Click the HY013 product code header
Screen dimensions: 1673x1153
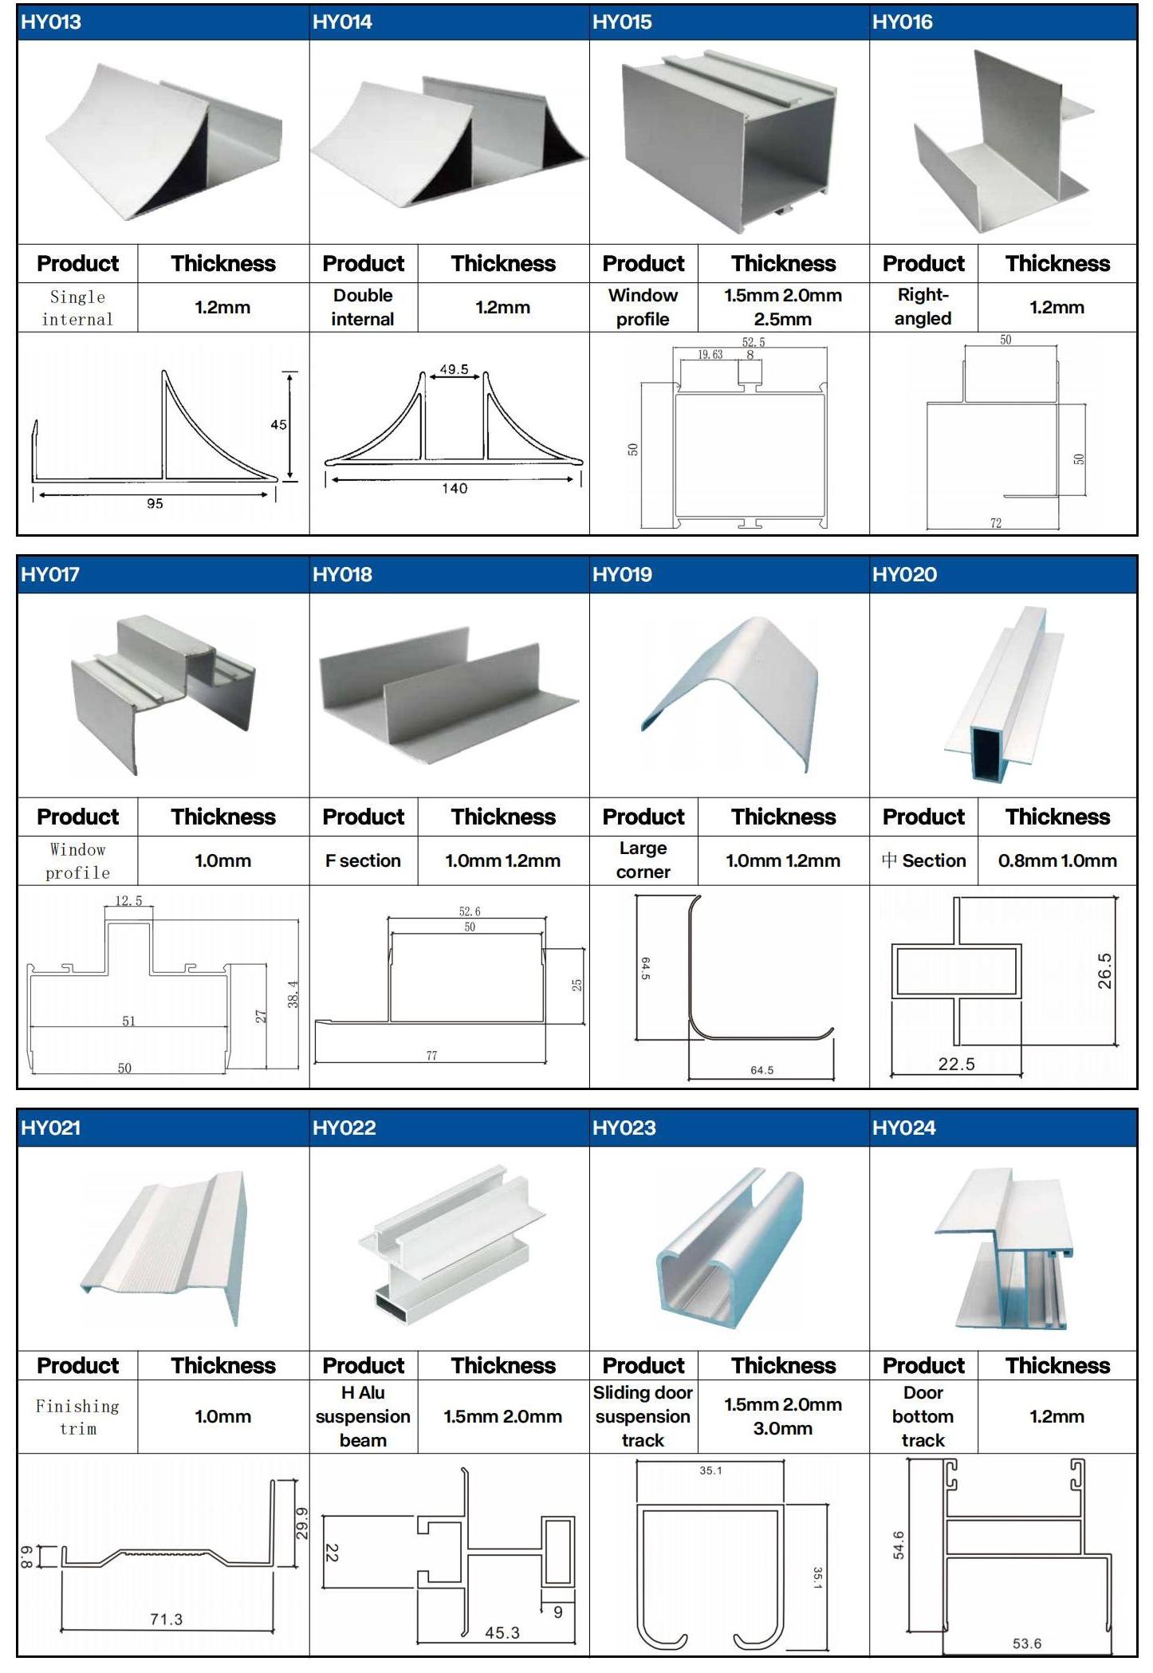(x=51, y=22)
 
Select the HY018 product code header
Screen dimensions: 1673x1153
(x=342, y=575)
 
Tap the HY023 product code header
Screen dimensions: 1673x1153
(x=624, y=1128)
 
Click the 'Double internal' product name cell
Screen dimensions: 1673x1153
(x=363, y=307)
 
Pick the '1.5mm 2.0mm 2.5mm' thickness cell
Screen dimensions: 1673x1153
(x=783, y=307)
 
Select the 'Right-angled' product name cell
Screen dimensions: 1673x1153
(x=923, y=307)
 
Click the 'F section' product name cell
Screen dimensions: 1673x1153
(x=363, y=860)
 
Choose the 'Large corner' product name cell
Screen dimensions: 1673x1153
(x=643, y=860)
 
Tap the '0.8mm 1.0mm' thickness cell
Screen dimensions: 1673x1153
(x=1057, y=860)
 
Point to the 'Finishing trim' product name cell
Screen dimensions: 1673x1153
(x=77, y=1417)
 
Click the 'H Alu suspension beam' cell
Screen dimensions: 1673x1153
(x=363, y=1416)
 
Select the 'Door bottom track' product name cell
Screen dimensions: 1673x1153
(x=923, y=1416)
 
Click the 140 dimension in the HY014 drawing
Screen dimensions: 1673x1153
(x=455, y=489)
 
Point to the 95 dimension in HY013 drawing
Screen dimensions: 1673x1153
(x=155, y=504)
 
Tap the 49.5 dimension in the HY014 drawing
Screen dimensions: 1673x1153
(x=455, y=370)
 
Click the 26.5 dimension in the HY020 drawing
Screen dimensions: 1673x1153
(x=1104, y=970)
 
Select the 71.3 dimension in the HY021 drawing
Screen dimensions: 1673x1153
(x=166, y=1620)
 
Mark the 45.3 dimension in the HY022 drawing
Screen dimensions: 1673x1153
(x=502, y=1633)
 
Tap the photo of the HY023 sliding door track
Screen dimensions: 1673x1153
(x=730, y=1249)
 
